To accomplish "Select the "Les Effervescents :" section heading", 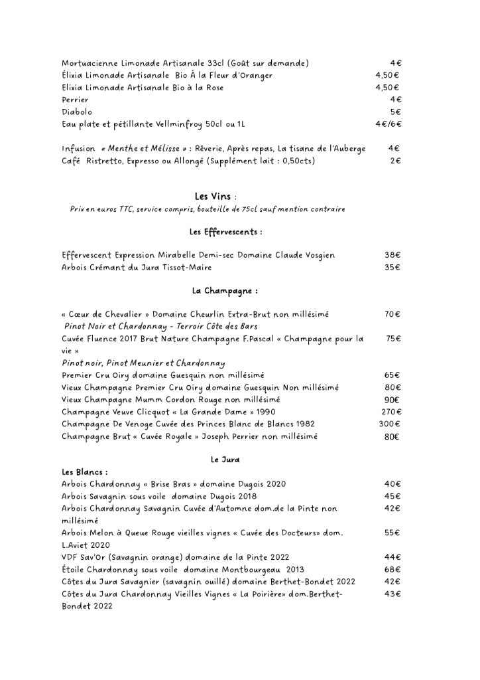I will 225,232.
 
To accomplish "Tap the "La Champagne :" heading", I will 225,291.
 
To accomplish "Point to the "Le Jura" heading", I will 225,460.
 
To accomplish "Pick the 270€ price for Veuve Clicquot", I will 392,412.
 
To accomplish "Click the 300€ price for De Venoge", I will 391,424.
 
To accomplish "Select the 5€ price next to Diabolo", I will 395,112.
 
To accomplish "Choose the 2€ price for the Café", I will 395,161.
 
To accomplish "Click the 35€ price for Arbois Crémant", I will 393,268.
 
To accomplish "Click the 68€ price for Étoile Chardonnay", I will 393,569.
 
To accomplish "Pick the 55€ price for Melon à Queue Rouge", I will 393,533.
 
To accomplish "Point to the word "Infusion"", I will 78,149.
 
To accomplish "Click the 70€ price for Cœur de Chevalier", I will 393,314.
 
